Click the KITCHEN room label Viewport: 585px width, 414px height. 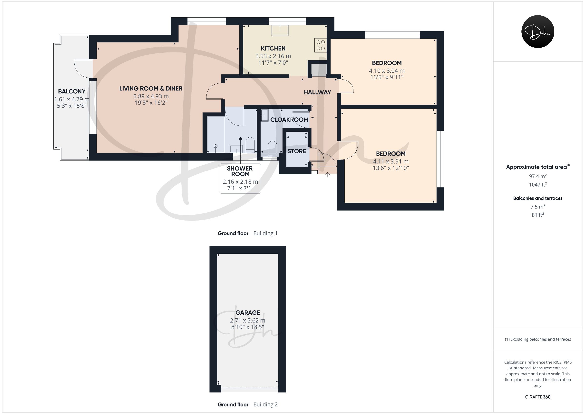coord(273,48)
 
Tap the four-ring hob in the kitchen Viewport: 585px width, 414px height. coord(321,45)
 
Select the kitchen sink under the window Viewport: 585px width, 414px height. coord(280,30)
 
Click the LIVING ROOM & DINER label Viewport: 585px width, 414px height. coord(151,89)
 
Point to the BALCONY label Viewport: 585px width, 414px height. coord(72,91)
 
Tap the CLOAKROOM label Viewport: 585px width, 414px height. coord(289,120)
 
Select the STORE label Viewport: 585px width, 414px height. coord(297,151)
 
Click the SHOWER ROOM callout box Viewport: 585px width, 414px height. coord(240,179)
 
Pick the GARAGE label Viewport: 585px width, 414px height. coord(248,313)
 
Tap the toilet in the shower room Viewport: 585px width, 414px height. coord(250,145)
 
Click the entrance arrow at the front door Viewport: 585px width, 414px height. coord(328,175)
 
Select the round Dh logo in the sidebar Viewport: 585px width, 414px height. coord(538,31)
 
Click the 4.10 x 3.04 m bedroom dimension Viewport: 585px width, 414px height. coord(387,71)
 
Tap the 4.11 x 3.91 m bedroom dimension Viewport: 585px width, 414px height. coord(391,162)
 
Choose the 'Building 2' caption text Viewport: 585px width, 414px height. coord(265,404)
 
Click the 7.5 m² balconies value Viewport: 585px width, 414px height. coord(538,206)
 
